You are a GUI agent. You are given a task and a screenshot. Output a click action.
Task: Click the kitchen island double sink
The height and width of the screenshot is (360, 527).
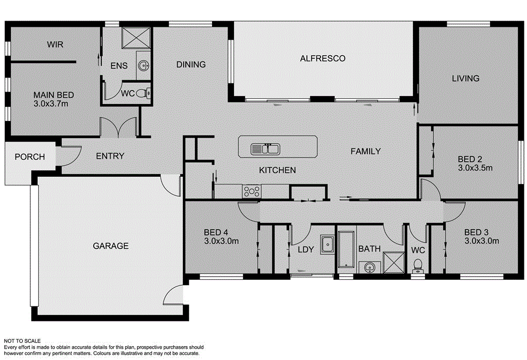[265, 149]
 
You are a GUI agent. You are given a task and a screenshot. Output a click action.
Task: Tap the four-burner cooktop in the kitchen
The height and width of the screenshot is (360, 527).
[252, 192]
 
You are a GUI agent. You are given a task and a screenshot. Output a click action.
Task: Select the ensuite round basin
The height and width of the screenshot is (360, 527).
[144, 66]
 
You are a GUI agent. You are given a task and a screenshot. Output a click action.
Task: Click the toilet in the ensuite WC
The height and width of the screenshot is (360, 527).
[147, 93]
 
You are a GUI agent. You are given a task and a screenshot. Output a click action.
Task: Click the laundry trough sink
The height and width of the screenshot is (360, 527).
[328, 244]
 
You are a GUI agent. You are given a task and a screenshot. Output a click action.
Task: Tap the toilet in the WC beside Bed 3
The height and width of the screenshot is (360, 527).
[418, 265]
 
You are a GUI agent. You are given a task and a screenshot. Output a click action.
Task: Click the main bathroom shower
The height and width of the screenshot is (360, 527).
[394, 262]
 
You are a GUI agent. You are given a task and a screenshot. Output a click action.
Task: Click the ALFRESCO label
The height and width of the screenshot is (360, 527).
[323, 58]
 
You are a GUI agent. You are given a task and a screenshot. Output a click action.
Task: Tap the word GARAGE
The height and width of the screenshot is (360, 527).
[111, 246]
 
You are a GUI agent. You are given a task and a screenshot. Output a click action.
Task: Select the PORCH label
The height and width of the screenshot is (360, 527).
[29, 157]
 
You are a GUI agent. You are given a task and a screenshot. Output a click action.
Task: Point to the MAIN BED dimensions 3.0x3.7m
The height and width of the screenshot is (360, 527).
[54, 104]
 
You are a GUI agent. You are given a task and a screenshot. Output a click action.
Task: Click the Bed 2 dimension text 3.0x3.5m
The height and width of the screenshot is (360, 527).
[475, 168]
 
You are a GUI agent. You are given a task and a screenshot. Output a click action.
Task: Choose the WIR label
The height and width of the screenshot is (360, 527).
[55, 45]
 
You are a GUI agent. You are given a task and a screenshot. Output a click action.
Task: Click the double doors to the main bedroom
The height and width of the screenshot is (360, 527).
[118, 128]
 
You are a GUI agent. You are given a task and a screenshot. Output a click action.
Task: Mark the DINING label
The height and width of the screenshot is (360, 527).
[191, 64]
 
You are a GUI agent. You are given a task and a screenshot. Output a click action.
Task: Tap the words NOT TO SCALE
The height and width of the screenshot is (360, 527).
[22, 341]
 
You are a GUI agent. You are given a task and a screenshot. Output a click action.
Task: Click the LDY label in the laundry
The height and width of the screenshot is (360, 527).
[306, 250]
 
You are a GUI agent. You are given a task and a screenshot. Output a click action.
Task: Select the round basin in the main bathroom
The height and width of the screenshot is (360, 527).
[368, 267]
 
